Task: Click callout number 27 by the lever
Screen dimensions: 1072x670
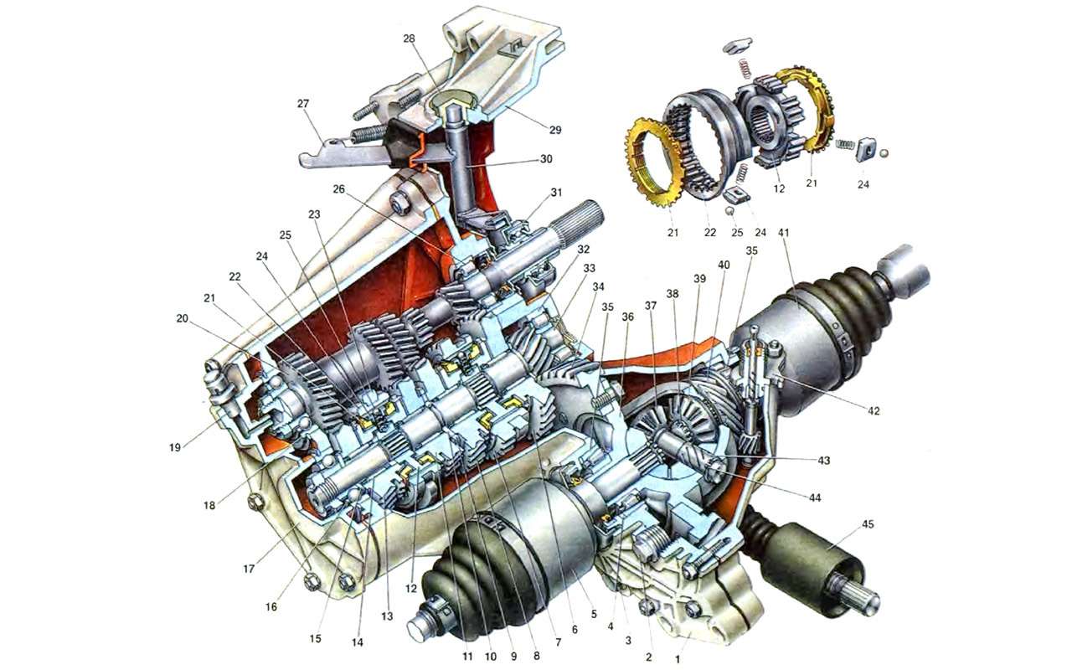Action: [x=303, y=103]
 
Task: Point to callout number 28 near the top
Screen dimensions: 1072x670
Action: [x=409, y=39]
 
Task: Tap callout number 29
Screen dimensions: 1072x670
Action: [x=555, y=130]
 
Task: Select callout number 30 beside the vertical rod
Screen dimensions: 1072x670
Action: [x=546, y=158]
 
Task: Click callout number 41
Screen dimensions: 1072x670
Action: [x=783, y=233]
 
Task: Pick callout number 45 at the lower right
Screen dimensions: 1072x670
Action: [x=868, y=524]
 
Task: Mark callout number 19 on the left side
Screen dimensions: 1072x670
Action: [x=175, y=447]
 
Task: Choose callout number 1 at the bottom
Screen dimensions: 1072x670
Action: [x=678, y=660]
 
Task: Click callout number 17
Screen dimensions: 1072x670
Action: [x=249, y=569]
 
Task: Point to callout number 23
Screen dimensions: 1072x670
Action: [x=314, y=214]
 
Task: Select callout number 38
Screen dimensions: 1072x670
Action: [x=673, y=294]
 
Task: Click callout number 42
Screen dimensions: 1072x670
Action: [x=874, y=410]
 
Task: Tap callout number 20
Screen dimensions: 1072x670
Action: [x=182, y=318]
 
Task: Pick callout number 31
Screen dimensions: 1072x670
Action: [x=555, y=193]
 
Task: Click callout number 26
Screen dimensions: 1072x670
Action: [x=338, y=189]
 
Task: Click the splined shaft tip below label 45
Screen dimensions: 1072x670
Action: [x=863, y=598]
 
